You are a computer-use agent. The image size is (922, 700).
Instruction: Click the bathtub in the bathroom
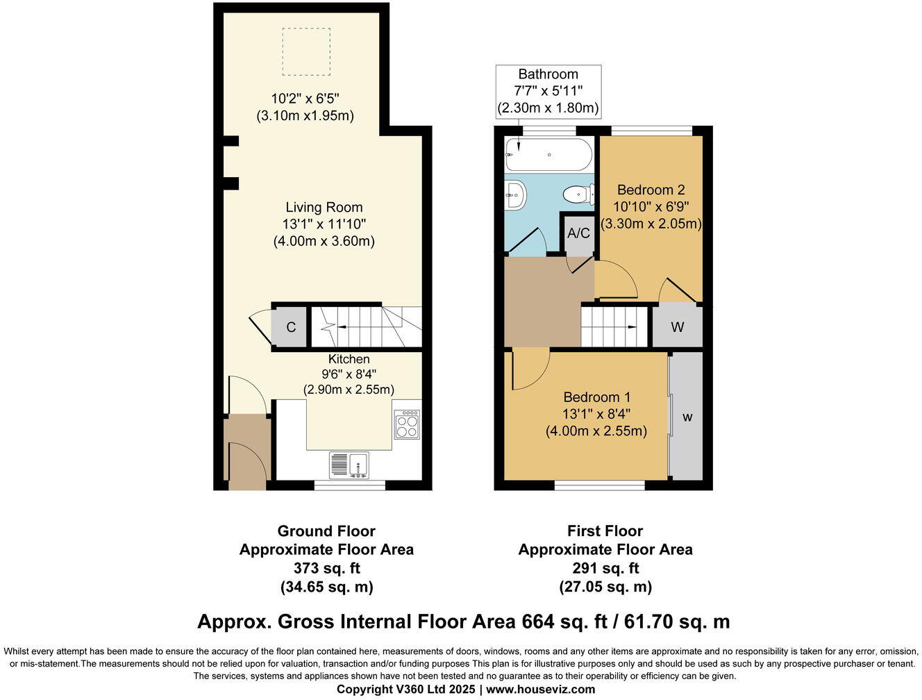pos(548,155)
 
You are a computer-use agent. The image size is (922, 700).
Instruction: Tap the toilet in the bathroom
pos(578,194)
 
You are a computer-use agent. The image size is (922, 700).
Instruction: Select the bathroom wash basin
pos(514,194)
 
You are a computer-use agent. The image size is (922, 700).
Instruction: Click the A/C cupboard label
pos(578,233)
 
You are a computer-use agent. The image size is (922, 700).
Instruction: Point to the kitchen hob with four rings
pos(407,425)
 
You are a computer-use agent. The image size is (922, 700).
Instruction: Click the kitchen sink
pos(349,465)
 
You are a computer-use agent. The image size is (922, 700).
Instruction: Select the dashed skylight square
pos(306,51)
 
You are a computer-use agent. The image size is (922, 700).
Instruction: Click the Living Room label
pos(324,207)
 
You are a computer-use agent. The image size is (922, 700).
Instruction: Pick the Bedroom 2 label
pos(651,190)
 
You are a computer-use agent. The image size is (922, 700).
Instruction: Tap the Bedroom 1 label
pos(597,397)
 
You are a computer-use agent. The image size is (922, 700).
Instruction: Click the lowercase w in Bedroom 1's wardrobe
pos(687,417)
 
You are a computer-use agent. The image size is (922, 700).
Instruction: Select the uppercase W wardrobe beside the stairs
pos(677,327)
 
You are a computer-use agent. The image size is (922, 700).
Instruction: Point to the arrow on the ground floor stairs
pos(346,326)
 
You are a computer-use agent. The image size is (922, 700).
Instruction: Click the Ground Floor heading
pos(326,531)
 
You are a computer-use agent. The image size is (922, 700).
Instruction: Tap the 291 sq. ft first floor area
pos(605,569)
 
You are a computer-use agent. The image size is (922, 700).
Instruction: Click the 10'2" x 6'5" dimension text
pos(305,99)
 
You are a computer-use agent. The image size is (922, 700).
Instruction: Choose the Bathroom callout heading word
pos(548,74)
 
